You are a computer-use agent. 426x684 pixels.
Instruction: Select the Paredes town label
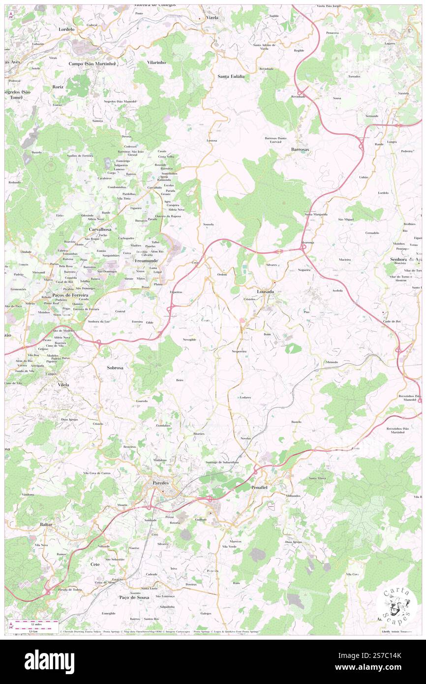(x=160, y=483)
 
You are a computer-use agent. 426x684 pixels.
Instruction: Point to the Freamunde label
(x=147, y=260)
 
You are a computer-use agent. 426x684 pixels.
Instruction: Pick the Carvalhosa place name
(x=99, y=229)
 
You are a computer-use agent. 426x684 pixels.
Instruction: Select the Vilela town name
(x=63, y=384)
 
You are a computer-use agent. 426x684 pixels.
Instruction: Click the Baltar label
(x=46, y=525)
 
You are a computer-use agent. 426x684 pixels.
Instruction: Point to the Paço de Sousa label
(x=134, y=597)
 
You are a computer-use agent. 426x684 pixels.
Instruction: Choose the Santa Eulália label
(x=232, y=76)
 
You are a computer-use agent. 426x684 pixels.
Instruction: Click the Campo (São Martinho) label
(x=92, y=64)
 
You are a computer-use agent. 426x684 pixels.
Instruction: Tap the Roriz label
(x=58, y=87)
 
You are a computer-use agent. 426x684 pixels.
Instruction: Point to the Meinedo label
(x=332, y=362)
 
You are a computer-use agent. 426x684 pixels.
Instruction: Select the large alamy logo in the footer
(x=49, y=661)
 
